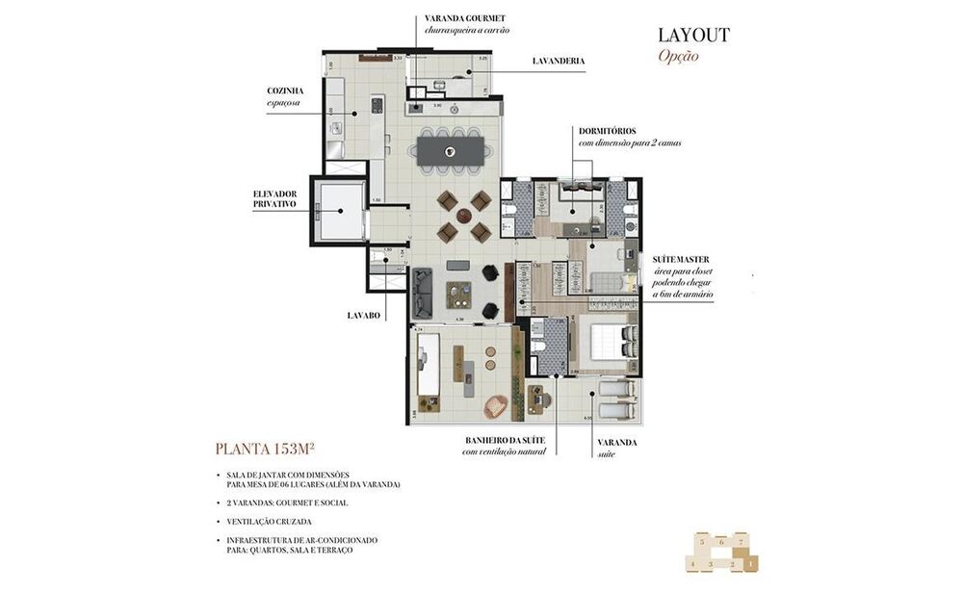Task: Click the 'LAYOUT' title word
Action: [693, 35]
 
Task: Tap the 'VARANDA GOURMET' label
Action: [466, 18]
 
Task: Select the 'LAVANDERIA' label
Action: [559, 61]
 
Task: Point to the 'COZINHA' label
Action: [285, 90]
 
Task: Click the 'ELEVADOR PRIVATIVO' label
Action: [274, 198]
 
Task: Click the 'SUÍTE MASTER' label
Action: [680, 261]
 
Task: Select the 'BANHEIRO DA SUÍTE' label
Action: [505, 440]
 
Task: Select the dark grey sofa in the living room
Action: [422, 294]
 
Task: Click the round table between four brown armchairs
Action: [464, 217]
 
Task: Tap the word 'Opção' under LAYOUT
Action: [678, 56]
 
